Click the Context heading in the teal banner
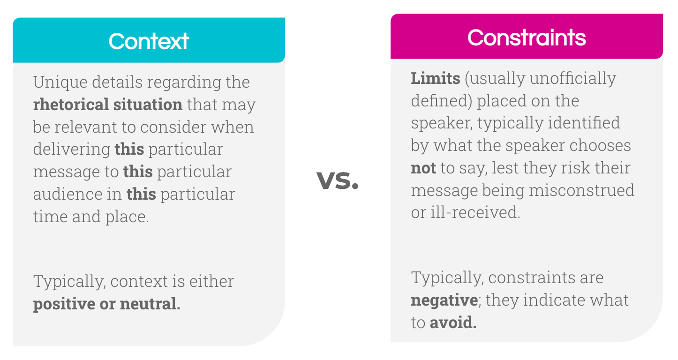coord(149,41)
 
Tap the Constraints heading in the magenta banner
coord(527,37)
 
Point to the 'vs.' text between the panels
coord(338,180)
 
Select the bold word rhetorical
coord(70,105)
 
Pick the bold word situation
coord(148,105)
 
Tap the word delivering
coord(72,150)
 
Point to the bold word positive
coord(64,304)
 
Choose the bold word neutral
coord(150,303)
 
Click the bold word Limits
coord(435,78)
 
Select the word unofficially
coord(573,79)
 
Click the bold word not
coord(423,168)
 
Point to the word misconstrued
coord(581,190)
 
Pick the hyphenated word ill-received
coord(475,212)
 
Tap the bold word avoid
coord(453,322)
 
